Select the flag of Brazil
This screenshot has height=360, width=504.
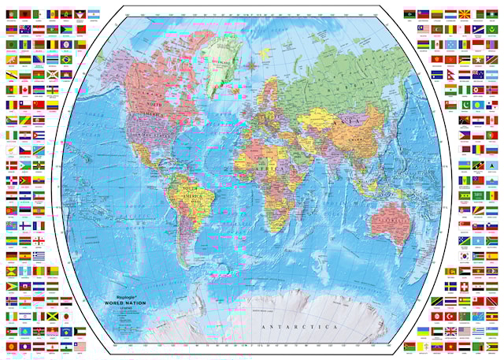(x=66, y=59)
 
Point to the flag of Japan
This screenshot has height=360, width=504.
(x=66, y=316)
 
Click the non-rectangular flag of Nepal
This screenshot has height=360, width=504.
(x=478, y=59)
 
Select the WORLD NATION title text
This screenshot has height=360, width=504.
(x=126, y=303)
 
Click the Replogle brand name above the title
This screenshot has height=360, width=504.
(x=118, y=297)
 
